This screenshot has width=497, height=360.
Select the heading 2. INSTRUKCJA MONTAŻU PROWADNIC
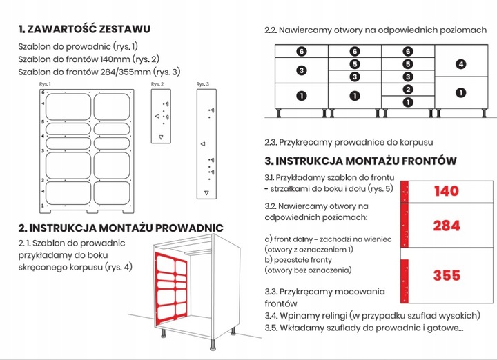121,228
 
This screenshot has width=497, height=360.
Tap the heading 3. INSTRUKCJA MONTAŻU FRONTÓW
360,161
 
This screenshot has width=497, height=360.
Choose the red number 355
447,275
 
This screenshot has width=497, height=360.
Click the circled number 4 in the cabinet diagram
461,65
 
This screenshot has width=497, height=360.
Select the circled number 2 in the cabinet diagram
408,90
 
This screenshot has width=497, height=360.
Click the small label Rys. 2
157,83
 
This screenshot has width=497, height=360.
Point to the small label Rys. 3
202,83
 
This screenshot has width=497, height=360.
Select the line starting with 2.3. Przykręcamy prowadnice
349,143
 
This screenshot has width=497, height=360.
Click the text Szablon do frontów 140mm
89,59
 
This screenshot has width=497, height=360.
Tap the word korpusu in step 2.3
415,143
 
